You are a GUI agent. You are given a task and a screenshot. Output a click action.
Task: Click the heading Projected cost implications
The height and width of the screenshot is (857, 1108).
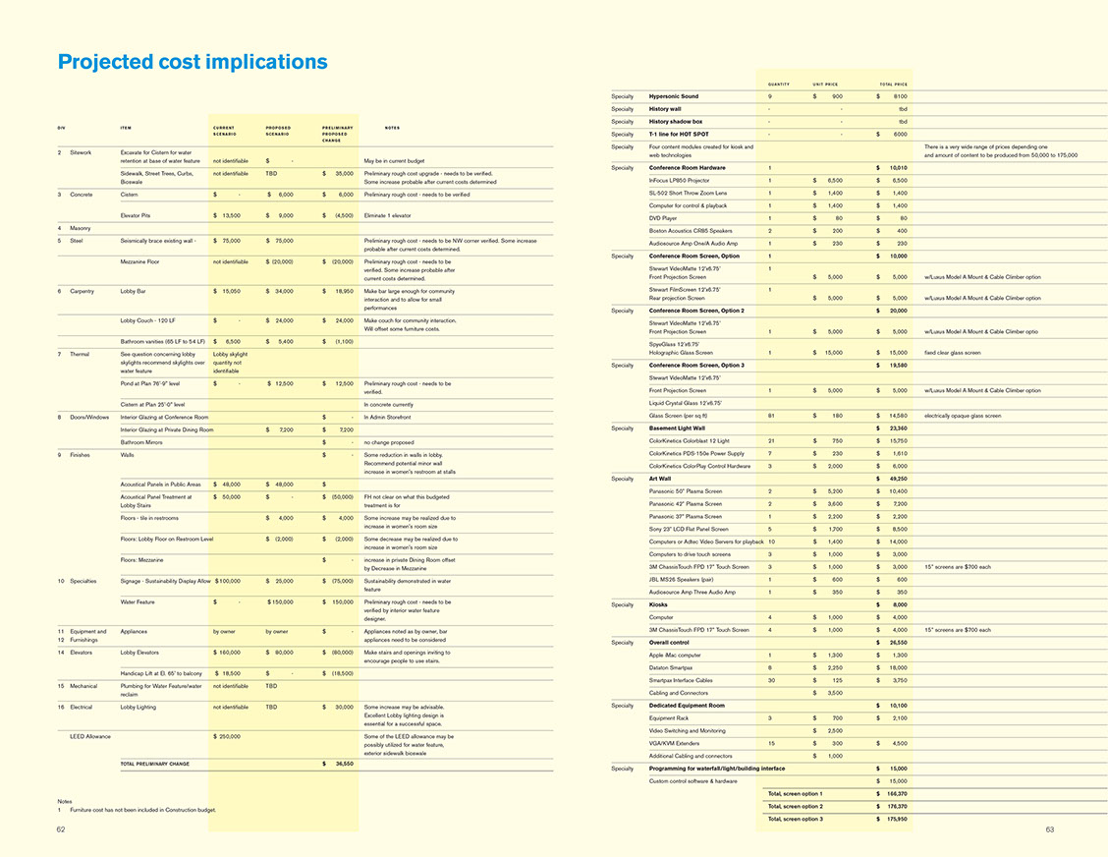[193, 62]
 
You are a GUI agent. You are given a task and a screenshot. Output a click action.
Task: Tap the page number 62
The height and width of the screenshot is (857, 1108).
[61, 830]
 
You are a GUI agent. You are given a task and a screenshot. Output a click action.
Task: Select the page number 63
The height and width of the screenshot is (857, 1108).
[1049, 830]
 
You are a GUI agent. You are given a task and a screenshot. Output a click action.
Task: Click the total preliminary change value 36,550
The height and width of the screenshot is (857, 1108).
[340, 763]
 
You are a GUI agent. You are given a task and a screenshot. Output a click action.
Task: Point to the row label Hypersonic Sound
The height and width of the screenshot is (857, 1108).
[674, 96]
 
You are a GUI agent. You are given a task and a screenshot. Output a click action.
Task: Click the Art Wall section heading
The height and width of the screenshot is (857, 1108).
[660, 479]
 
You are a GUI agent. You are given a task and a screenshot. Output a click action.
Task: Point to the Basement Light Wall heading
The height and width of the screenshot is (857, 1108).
[677, 428]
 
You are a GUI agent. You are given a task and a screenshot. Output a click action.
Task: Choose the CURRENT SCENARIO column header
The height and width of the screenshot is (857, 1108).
[224, 131]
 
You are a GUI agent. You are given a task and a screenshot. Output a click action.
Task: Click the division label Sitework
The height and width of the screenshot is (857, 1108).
[81, 152]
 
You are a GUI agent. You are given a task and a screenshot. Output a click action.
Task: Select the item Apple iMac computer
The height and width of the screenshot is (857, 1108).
[675, 655]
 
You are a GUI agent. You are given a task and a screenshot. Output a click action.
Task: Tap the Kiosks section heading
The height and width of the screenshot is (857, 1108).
[658, 604]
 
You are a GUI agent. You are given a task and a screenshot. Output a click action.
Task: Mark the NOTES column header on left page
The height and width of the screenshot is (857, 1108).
[392, 127]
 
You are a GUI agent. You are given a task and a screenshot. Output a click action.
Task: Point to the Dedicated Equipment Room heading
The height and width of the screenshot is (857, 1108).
[687, 705]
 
